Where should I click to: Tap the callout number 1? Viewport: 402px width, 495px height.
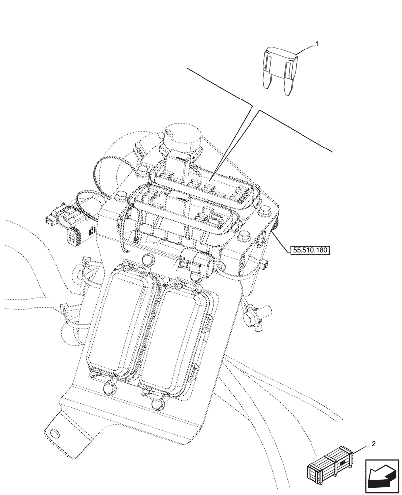(x=317, y=44)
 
